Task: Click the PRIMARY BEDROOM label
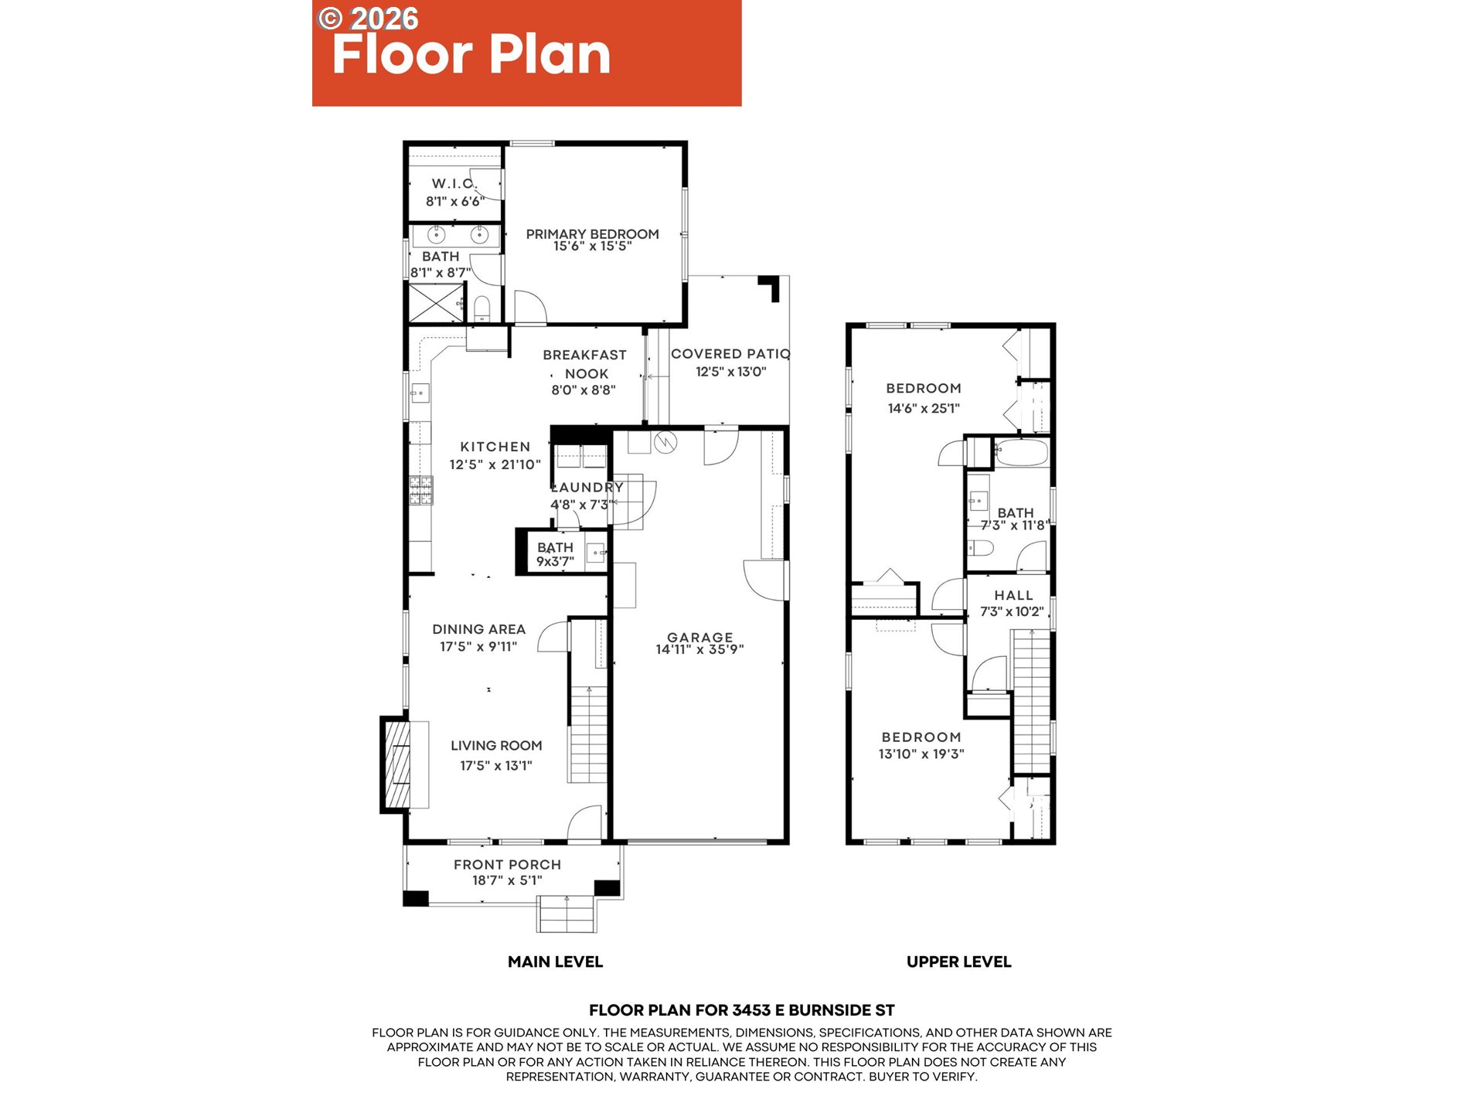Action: pyautogui.click(x=592, y=233)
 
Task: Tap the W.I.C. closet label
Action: pyautogui.click(x=454, y=183)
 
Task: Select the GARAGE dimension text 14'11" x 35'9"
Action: pyautogui.click(x=699, y=650)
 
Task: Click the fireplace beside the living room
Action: pyautogui.click(x=396, y=764)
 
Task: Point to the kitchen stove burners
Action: pyautogui.click(x=421, y=490)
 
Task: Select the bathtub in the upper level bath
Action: pyautogui.click(x=1021, y=452)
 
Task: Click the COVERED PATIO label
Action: pyautogui.click(x=730, y=354)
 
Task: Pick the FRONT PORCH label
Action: pyautogui.click(x=507, y=865)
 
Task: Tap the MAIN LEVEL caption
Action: pyautogui.click(x=555, y=962)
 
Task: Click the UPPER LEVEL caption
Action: pyautogui.click(x=958, y=962)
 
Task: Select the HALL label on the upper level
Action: pyautogui.click(x=1013, y=595)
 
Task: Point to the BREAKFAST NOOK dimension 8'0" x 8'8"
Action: pyautogui.click(x=584, y=390)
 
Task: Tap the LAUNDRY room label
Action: pyautogui.click(x=587, y=487)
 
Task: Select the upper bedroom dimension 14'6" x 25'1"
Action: pyautogui.click(x=924, y=408)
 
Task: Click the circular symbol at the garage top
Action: pyautogui.click(x=665, y=442)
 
